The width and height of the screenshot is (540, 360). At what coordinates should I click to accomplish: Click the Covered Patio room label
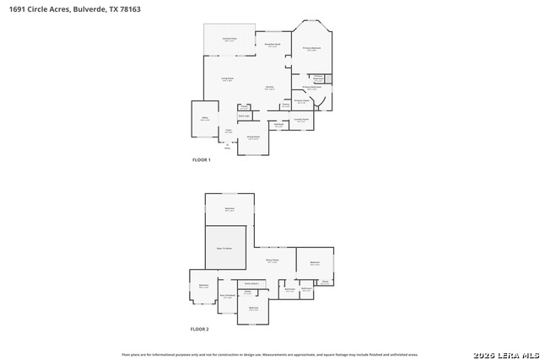tap(229, 39)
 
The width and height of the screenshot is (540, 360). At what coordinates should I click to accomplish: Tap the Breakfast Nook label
tap(273, 45)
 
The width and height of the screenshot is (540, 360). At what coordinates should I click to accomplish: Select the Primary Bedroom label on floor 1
tap(312, 49)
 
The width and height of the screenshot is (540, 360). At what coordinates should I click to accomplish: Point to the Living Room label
tap(227, 78)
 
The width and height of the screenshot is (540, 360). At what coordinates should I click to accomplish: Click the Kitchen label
tap(270, 88)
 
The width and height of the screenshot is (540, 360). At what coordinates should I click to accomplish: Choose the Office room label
tap(205, 119)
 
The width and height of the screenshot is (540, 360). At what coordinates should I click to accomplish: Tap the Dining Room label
tap(252, 137)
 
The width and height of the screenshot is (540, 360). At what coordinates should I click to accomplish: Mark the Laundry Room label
tap(300, 120)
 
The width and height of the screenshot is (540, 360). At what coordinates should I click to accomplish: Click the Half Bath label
tap(278, 125)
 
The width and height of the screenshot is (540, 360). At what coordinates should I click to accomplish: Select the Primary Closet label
tap(301, 101)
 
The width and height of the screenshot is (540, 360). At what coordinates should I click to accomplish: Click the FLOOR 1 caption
tap(201, 159)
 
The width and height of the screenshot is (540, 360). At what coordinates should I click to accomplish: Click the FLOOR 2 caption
tap(199, 329)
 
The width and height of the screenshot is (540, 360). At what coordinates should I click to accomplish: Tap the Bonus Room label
tap(273, 261)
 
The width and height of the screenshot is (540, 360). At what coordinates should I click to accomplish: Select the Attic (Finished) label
tap(227, 296)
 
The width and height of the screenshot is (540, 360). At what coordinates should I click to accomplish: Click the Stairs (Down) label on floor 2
tap(251, 283)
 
